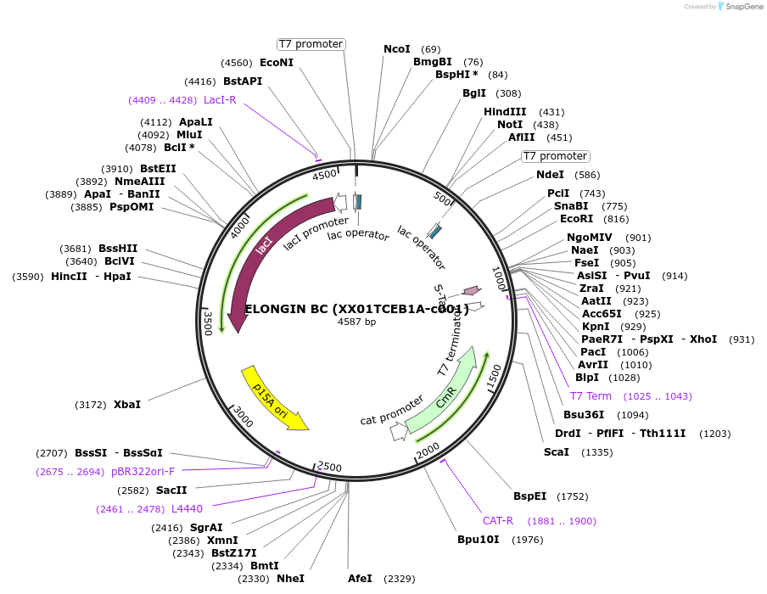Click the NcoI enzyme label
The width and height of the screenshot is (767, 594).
pos(397,49)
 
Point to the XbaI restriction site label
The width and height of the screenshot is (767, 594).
pos(127,405)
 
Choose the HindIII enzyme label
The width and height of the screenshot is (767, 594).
pos(505,112)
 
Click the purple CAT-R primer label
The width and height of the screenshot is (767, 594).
pos(498,521)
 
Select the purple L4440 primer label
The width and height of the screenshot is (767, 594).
pos(187,509)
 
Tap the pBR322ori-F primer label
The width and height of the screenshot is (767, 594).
pos(143,472)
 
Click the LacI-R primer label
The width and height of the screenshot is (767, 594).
pos(220,100)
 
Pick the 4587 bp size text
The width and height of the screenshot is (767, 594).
pos(356,322)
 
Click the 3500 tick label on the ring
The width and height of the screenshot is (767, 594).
pos(207,323)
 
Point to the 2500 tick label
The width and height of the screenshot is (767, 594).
pos(329,467)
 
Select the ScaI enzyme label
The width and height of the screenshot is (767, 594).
pos(557,452)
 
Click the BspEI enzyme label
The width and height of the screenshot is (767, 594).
pos(529,496)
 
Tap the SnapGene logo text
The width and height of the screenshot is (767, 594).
pos(742,7)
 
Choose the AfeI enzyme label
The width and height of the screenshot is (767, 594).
pos(360,579)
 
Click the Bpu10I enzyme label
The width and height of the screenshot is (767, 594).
pos(478,540)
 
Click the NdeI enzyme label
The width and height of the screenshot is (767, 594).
pos(550,176)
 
